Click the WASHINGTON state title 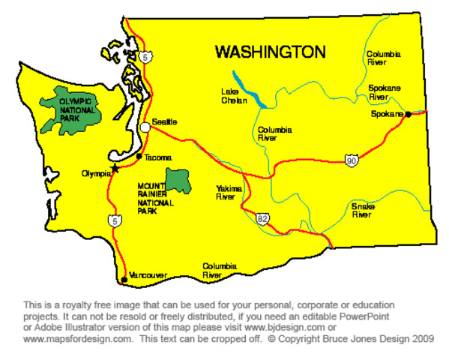(x=271, y=52)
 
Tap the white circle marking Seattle (x=145, y=127)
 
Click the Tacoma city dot (x=139, y=156)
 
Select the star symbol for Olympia (x=115, y=168)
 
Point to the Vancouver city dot (x=124, y=280)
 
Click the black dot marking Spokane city (x=408, y=115)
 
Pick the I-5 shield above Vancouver (x=114, y=220)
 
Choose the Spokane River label (x=383, y=92)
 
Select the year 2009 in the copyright (x=421, y=339)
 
